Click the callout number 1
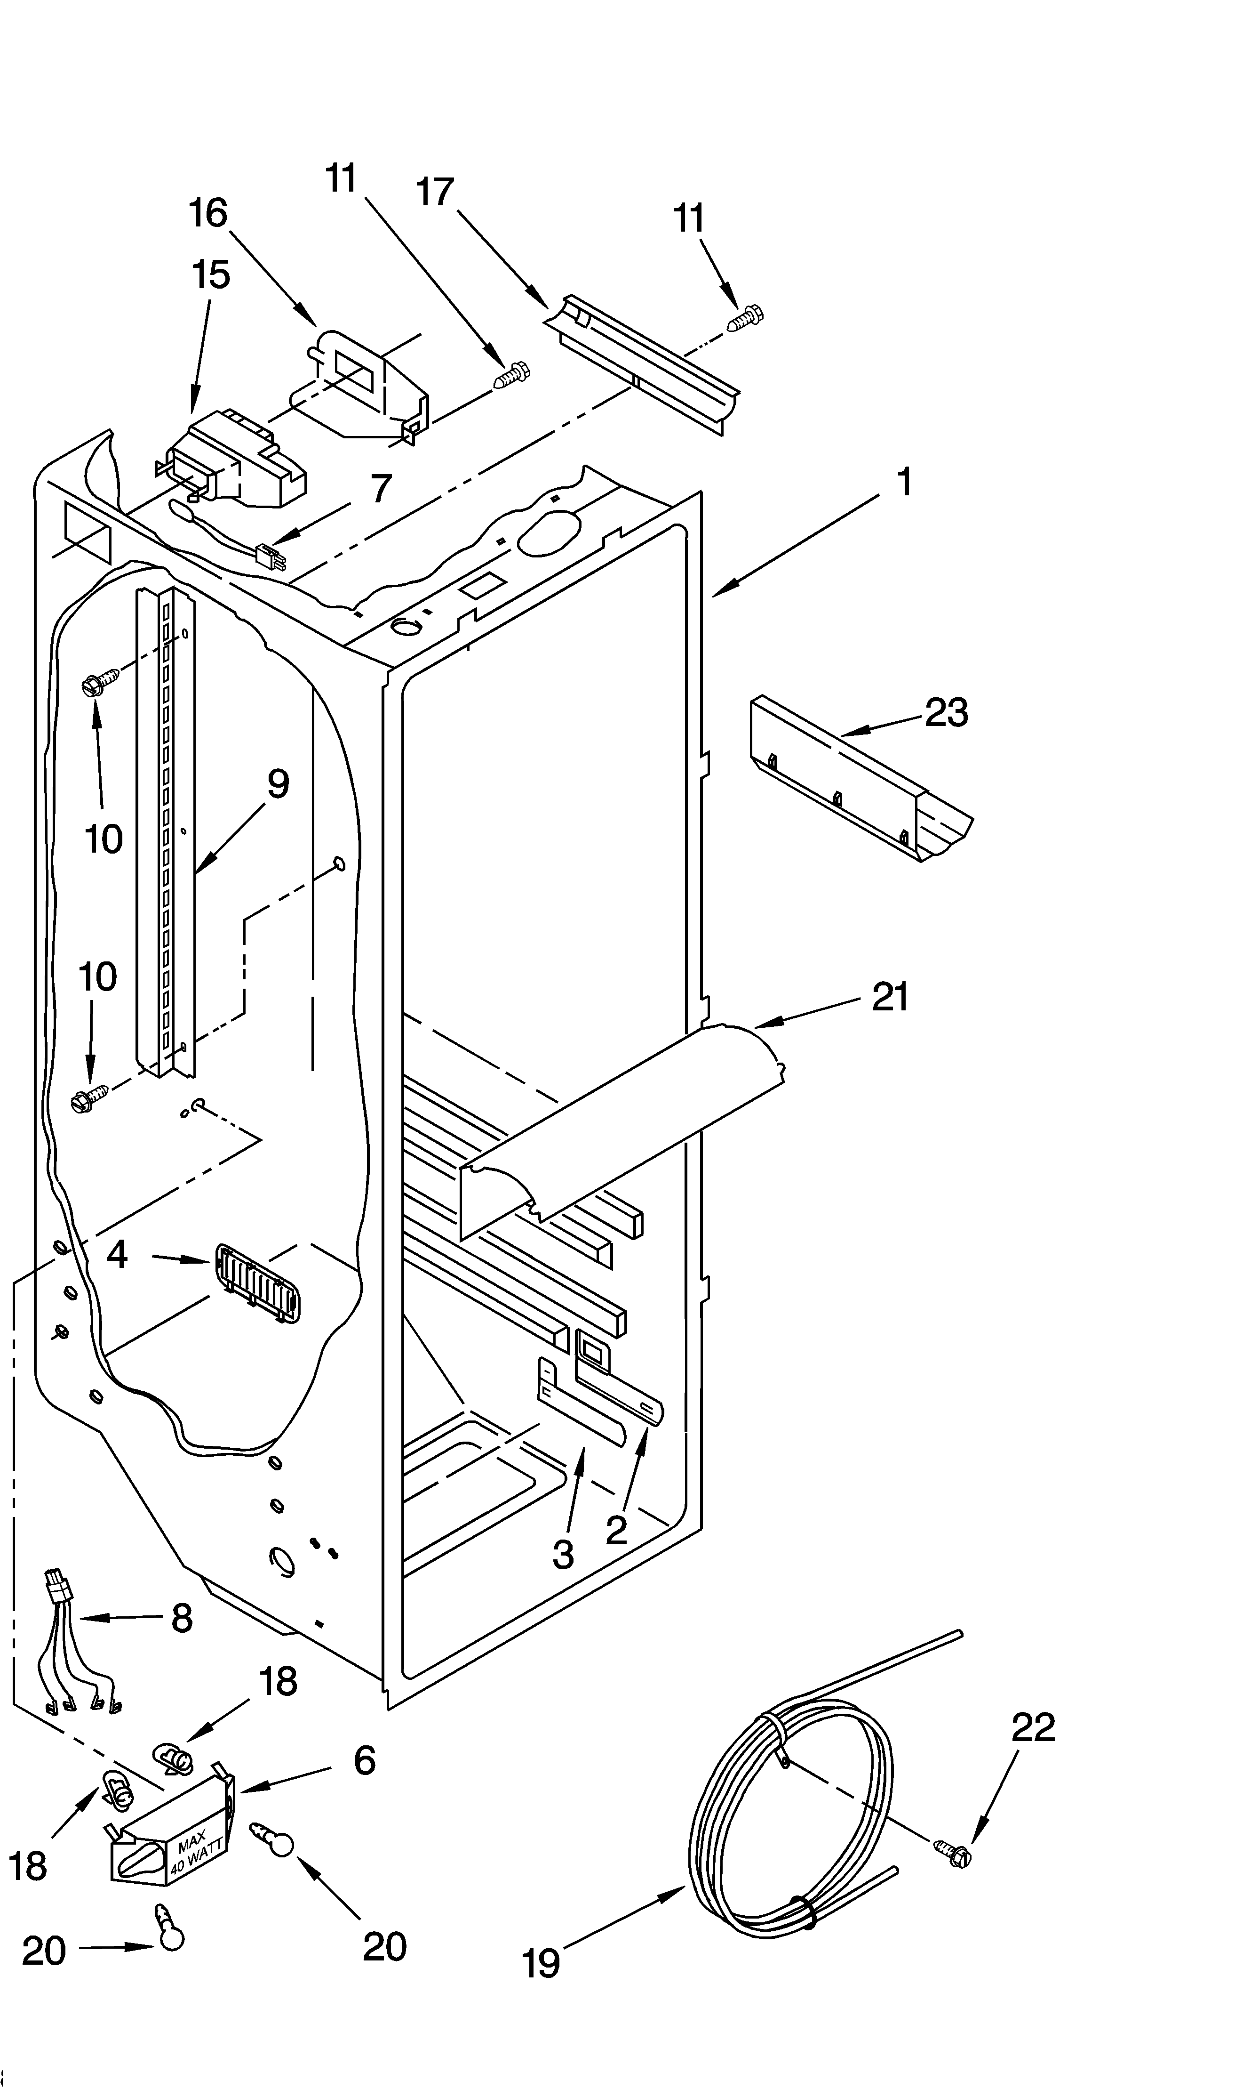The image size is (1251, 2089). (x=904, y=483)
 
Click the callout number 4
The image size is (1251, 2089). (x=117, y=1254)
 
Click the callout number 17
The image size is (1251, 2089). (x=435, y=192)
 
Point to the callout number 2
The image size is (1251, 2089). (x=616, y=1529)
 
